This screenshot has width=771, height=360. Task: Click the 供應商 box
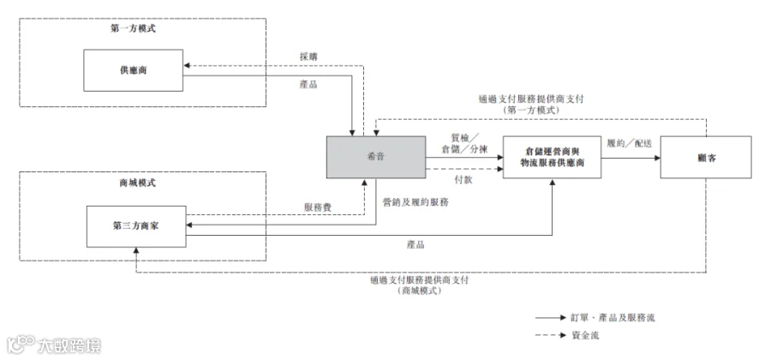(x=134, y=70)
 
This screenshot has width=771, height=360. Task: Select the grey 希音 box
(x=376, y=157)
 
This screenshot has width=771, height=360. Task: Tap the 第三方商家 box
(x=136, y=226)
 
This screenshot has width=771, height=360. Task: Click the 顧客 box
(x=706, y=158)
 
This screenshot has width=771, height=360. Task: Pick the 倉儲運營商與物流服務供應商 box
(x=553, y=157)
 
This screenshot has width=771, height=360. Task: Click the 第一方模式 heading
(x=134, y=28)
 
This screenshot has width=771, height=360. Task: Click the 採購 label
(x=308, y=57)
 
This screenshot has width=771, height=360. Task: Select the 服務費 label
(x=318, y=207)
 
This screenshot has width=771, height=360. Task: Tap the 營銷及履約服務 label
(x=415, y=201)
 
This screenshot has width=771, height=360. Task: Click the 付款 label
(x=463, y=179)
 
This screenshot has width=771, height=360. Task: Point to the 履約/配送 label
(x=630, y=144)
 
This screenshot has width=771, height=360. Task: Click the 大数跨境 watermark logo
(x=54, y=345)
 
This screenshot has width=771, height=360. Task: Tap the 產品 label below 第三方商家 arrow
(x=415, y=244)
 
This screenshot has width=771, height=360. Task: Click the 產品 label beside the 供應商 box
(x=308, y=84)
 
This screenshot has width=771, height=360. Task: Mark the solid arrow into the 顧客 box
(x=631, y=158)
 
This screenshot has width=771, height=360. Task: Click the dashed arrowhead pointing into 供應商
(x=187, y=65)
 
